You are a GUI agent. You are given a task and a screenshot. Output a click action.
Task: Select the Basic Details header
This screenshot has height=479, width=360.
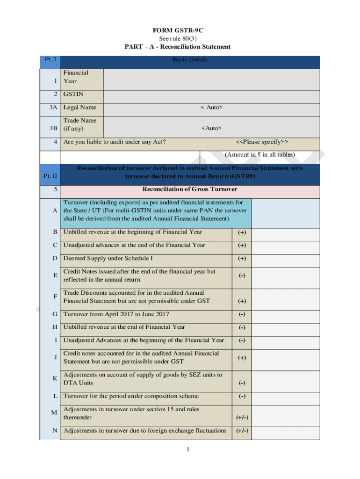pos(190,60)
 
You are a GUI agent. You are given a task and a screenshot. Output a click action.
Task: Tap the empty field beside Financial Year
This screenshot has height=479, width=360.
pos(211,79)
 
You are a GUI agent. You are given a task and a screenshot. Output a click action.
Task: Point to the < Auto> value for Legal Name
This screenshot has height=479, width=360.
pos(211,108)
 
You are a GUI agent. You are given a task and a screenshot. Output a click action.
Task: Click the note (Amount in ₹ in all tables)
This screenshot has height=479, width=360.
pos(259,154)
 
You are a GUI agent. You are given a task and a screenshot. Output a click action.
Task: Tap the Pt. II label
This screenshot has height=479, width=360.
pos(50,176)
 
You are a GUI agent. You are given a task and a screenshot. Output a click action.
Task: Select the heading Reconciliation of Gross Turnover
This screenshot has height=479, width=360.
pos(190,189)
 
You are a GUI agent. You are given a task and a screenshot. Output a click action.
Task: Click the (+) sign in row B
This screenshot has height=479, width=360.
pos(242,232)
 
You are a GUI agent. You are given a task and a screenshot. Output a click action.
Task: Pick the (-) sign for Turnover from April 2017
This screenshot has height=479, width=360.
pos(242,314)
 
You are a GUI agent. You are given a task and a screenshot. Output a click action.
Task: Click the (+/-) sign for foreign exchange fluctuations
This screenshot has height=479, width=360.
pos(242,431)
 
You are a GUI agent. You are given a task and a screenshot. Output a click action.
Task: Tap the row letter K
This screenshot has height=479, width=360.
pos(55,379)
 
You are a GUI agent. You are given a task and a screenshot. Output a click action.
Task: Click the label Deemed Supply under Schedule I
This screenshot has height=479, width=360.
pos(108,258)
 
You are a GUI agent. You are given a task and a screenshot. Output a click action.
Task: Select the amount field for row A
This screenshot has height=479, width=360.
pos(285,213)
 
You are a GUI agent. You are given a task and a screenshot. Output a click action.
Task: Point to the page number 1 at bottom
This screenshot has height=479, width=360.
pos(187,450)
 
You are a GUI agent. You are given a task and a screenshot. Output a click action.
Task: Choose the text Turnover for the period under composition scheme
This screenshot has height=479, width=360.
pos(131,396)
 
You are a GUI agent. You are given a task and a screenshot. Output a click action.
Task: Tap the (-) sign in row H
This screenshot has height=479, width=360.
pos(242,327)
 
